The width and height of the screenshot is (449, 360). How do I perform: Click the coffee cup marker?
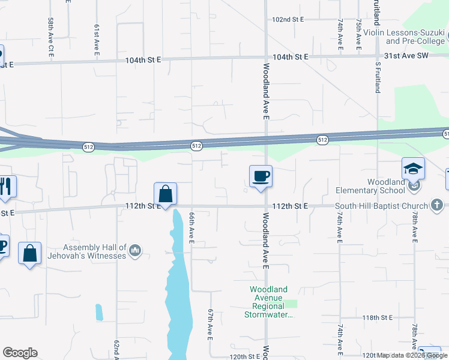pyautogui.click(x=261, y=176)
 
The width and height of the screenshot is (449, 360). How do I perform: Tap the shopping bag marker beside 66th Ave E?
pyautogui.click(x=165, y=194)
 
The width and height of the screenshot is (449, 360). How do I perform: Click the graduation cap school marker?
pyautogui.click(x=414, y=169)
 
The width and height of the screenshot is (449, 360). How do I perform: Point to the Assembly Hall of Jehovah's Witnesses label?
pyautogui.click(x=95, y=251)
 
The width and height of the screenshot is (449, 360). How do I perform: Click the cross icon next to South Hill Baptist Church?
pyautogui.click(x=437, y=206)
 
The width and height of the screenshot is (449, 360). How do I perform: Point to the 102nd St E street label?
pyautogui.click(x=288, y=20)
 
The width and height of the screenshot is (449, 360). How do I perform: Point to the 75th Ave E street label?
pyautogui.click(x=358, y=32)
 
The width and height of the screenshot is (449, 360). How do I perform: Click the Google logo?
pyautogui.click(x=20, y=353)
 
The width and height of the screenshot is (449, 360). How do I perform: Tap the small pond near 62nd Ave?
pyautogui.click(x=98, y=312)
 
